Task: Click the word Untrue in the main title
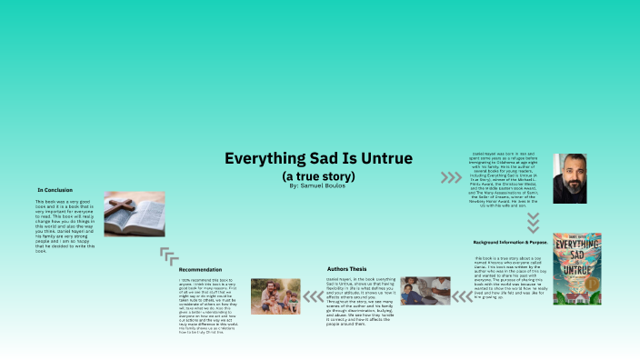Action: (383, 158)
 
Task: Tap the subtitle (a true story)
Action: (319, 174)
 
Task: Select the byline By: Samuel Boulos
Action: (319, 185)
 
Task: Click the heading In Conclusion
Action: (55, 189)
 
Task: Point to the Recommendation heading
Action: (200, 270)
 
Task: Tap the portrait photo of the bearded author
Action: (570, 177)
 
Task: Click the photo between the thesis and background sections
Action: (425, 290)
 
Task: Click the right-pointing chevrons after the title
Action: (451, 177)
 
